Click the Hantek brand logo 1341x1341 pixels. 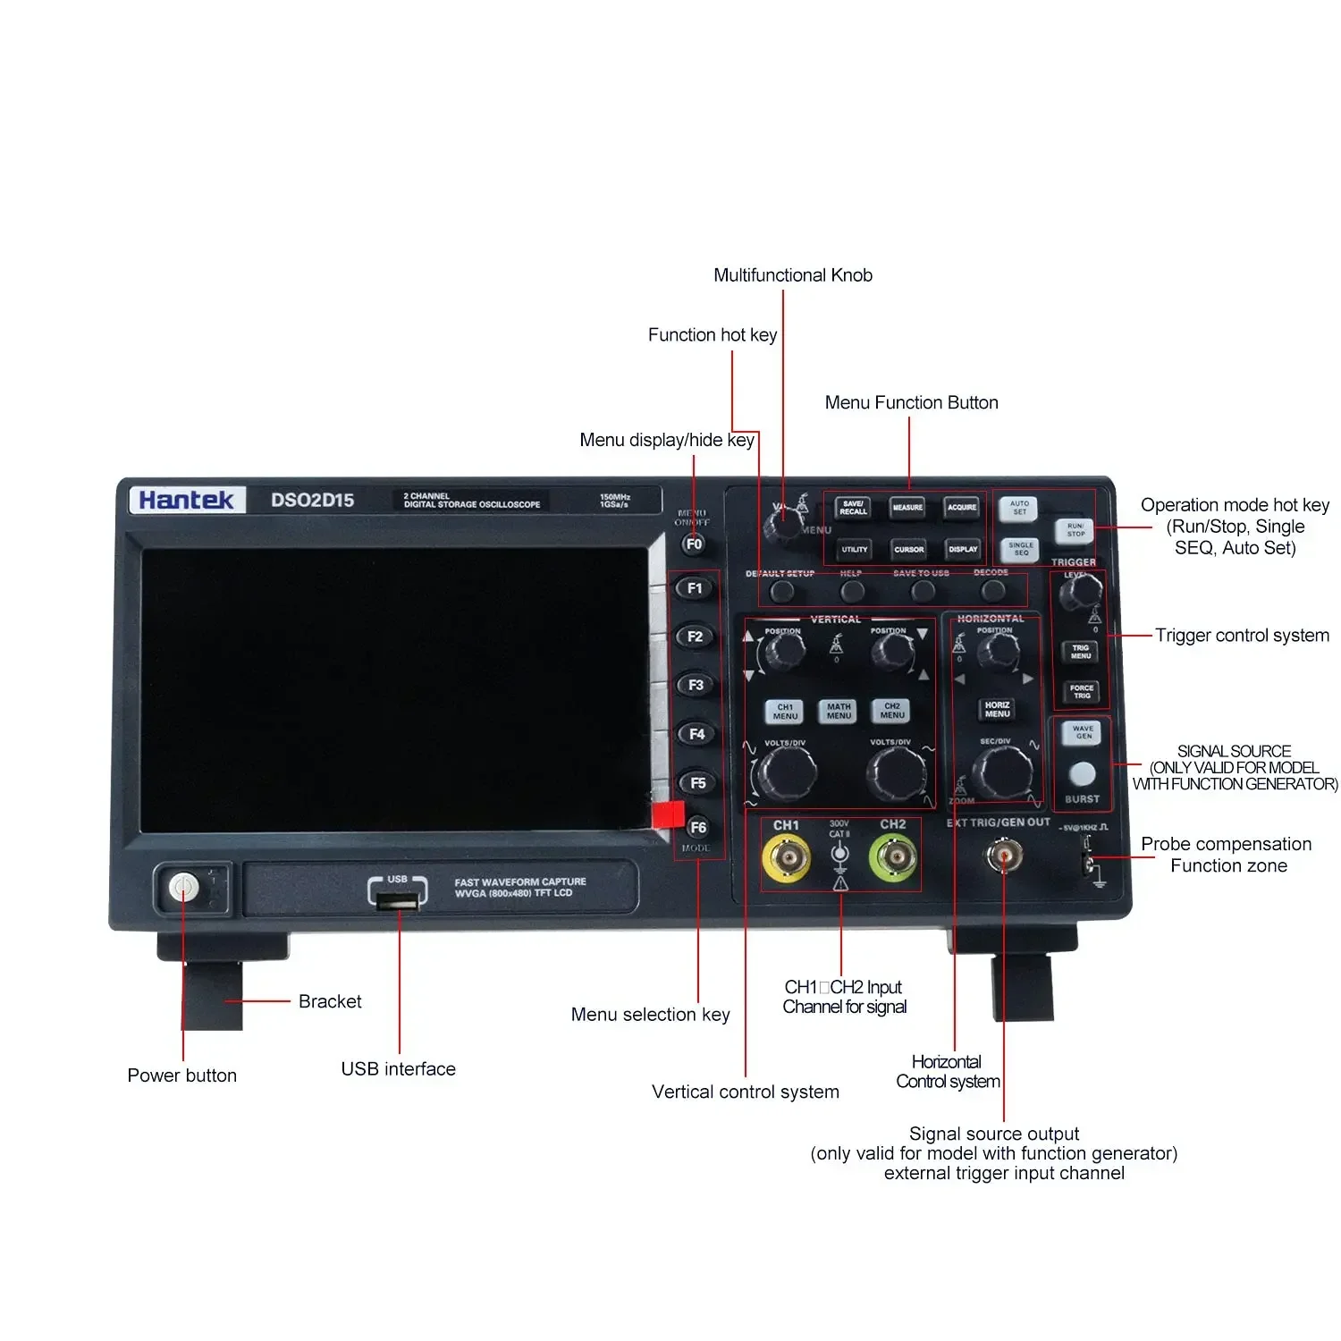(x=186, y=500)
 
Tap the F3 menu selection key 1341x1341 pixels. (x=696, y=685)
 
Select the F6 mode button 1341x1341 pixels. (x=697, y=827)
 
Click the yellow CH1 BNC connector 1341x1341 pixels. (x=786, y=859)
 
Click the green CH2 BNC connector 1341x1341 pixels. (x=893, y=859)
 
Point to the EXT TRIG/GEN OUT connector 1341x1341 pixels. (x=1003, y=857)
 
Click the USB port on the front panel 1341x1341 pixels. (x=398, y=902)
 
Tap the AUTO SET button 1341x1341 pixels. (x=1019, y=508)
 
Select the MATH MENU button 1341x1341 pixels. (x=839, y=711)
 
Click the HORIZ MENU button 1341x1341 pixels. (x=997, y=710)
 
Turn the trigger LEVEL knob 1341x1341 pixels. (x=1080, y=592)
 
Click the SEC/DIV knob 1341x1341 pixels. (x=1002, y=772)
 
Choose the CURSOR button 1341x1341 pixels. (x=908, y=549)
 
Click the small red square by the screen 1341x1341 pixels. (x=668, y=814)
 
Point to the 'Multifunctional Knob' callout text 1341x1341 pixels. (x=792, y=275)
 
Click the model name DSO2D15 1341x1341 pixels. (x=312, y=501)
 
